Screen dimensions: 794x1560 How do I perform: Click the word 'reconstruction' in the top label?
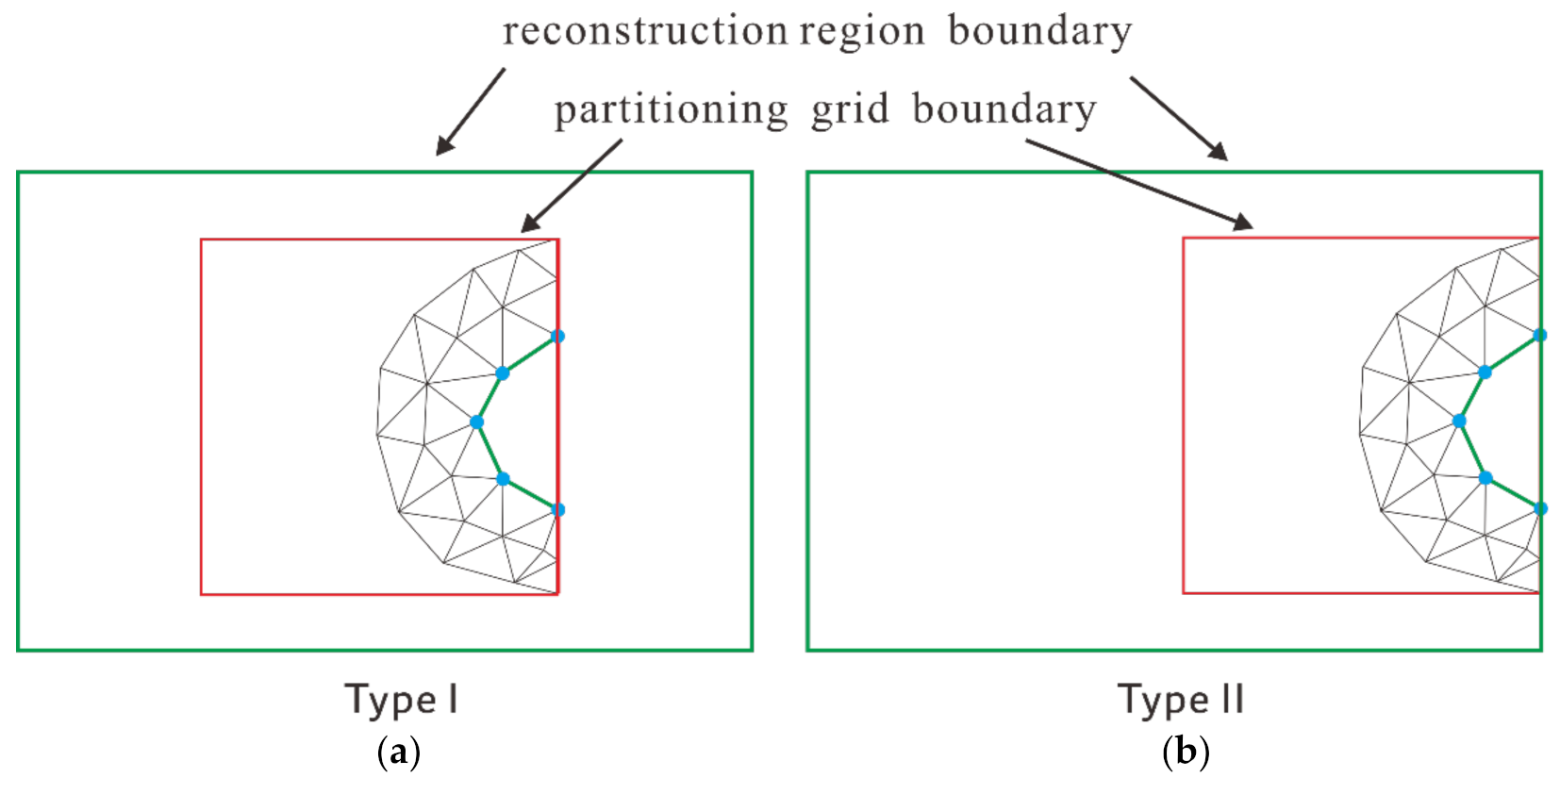click(x=644, y=31)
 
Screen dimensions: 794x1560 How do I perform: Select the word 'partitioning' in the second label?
click(x=671, y=111)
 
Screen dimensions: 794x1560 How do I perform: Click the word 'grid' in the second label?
click(x=850, y=110)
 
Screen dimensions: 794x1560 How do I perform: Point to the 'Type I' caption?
click(x=401, y=700)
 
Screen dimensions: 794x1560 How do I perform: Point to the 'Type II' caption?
click(x=1181, y=700)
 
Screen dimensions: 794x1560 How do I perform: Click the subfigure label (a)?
click(x=398, y=753)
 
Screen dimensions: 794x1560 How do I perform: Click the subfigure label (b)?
click(x=1186, y=753)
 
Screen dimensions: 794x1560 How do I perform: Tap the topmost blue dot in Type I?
click(x=557, y=336)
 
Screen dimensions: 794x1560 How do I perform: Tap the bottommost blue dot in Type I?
click(x=557, y=509)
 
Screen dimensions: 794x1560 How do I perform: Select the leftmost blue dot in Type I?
click(x=476, y=422)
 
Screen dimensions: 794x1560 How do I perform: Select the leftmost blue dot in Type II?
click(x=1459, y=421)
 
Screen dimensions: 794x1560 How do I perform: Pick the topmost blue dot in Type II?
click(x=1539, y=335)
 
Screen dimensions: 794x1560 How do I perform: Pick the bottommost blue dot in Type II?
click(x=1539, y=508)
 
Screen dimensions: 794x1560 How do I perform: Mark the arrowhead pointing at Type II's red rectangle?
click(x=1244, y=223)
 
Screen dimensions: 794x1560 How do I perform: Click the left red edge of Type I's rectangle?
click(x=201, y=415)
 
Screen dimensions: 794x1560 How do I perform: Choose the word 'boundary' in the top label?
click(x=1039, y=31)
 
